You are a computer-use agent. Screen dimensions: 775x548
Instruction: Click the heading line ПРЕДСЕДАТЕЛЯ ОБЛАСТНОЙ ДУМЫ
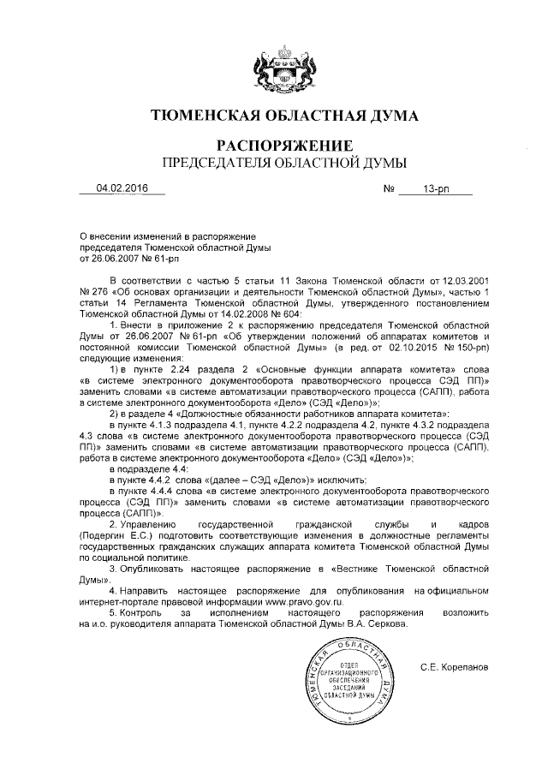[273, 161]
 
